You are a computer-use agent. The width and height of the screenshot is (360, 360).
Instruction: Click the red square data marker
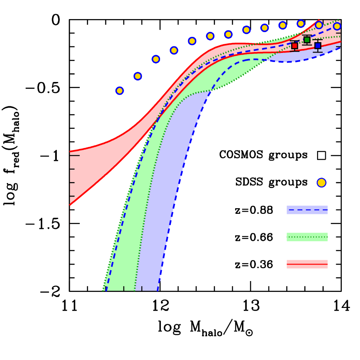point(295,46)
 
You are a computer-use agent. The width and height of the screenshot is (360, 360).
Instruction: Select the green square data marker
point(307,40)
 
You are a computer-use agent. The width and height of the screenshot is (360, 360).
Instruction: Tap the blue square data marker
point(317,46)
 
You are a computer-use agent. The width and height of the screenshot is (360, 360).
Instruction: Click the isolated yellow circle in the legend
point(321,183)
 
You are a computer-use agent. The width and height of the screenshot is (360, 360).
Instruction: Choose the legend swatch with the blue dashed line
point(307,210)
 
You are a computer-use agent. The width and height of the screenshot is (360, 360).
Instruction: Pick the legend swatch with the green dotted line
point(307,237)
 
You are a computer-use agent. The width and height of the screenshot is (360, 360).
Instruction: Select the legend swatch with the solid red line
point(307,264)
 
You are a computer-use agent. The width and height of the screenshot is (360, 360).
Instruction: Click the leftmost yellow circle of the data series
point(120,91)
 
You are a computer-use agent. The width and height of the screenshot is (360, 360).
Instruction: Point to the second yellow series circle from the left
point(137,76)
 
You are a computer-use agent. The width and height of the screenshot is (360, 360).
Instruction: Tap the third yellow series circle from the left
point(156,59)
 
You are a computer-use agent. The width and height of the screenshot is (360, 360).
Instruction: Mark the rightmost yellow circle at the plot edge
point(337,26)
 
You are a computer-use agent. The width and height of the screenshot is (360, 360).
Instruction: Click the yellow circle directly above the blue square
point(319,25)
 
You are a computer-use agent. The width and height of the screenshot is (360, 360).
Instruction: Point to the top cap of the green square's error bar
point(307,36)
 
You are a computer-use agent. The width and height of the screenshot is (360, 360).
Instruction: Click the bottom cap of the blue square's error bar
point(317,52)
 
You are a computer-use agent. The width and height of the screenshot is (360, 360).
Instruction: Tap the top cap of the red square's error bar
point(295,41)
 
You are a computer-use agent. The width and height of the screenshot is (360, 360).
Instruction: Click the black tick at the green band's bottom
point(124,288)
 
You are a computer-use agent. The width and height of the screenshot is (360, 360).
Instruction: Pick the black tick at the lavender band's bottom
point(142,288)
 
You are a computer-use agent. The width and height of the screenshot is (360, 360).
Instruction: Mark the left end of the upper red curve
point(70,152)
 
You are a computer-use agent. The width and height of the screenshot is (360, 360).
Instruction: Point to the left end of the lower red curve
point(70,205)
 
